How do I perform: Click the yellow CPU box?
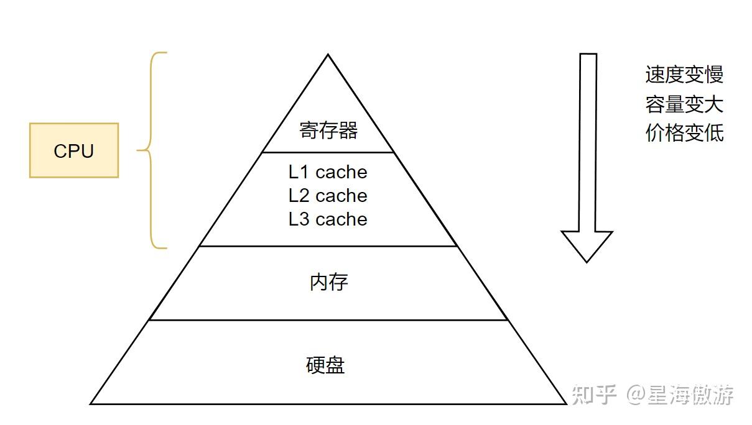click(x=74, y=150)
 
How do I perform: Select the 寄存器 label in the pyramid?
click(x=328, y=130)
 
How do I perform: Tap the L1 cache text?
click(x=328, y=172)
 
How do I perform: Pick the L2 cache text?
click(x=328, y=196)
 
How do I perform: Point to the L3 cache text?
click(x=328, y=219)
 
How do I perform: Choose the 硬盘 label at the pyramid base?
click(x=325, y=365)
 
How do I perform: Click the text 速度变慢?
click(x=684, y=75)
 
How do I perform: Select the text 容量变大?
click(x=684, y=104)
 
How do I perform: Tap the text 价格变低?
click(x=684, y=132)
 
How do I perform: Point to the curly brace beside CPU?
click(x=149, y=150)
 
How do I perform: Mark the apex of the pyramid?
click(x=328, y=56)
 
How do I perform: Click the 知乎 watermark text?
click(x=593, y=395)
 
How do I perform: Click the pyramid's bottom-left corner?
click(x=92, y=403)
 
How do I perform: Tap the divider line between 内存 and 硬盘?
click(x=328, y=320)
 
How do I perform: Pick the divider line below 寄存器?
click(x=328, y=152)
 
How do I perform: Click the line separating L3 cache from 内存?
click(x=328, y=246)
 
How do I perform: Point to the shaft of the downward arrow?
click(x=588, y=143)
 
